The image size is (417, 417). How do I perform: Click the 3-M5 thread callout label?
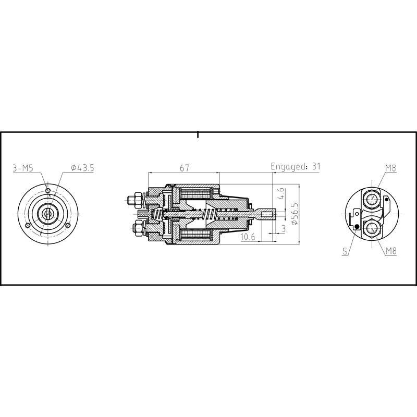pyautogui.click(x=23, y=167)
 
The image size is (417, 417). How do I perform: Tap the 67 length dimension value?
pyautogui.click(x=183, y=167)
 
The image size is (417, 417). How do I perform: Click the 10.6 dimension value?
pyautogui.click(x=248, y=238)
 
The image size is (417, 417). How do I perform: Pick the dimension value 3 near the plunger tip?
pyautogui.click(x=283, y=228)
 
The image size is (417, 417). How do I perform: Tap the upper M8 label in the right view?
pyautogui.click(x=391, y=167)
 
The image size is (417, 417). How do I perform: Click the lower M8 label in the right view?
pyautogui.click(x=392, y=251)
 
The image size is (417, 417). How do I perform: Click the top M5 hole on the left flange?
pyautogui.click(x=48, y=191)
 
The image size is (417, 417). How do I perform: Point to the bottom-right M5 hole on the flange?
pyautogui.click(x=68, y=225)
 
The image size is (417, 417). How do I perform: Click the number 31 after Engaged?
pyautogui.click(x=316, y=167)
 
